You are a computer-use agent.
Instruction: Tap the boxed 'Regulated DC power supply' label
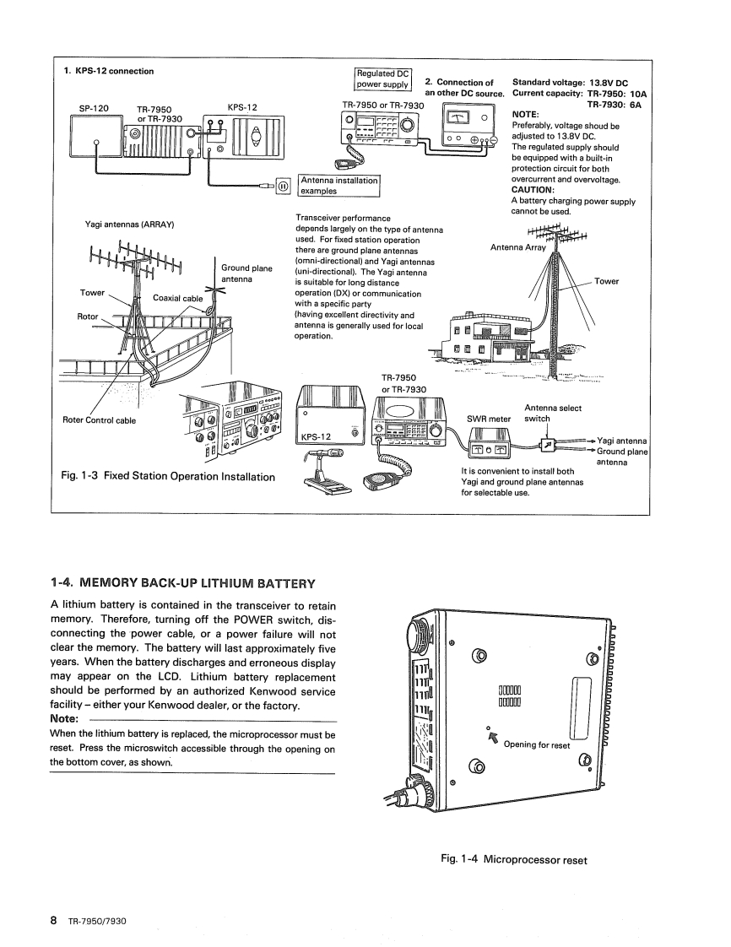tap(382, 78)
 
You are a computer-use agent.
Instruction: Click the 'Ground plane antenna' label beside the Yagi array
tap(246, 273)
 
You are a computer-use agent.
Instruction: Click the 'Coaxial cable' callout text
tap(177, 298)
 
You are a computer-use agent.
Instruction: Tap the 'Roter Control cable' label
tap(98, 419)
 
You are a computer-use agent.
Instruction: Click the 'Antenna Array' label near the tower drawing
tap(518, 247)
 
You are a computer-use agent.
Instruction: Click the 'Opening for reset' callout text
tap(537, 744)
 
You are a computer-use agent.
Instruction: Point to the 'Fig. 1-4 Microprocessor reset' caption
tap(514, 859)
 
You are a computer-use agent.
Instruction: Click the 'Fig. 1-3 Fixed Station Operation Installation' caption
tap(169, 477)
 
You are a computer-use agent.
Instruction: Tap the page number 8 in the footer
tap(53, 920)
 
